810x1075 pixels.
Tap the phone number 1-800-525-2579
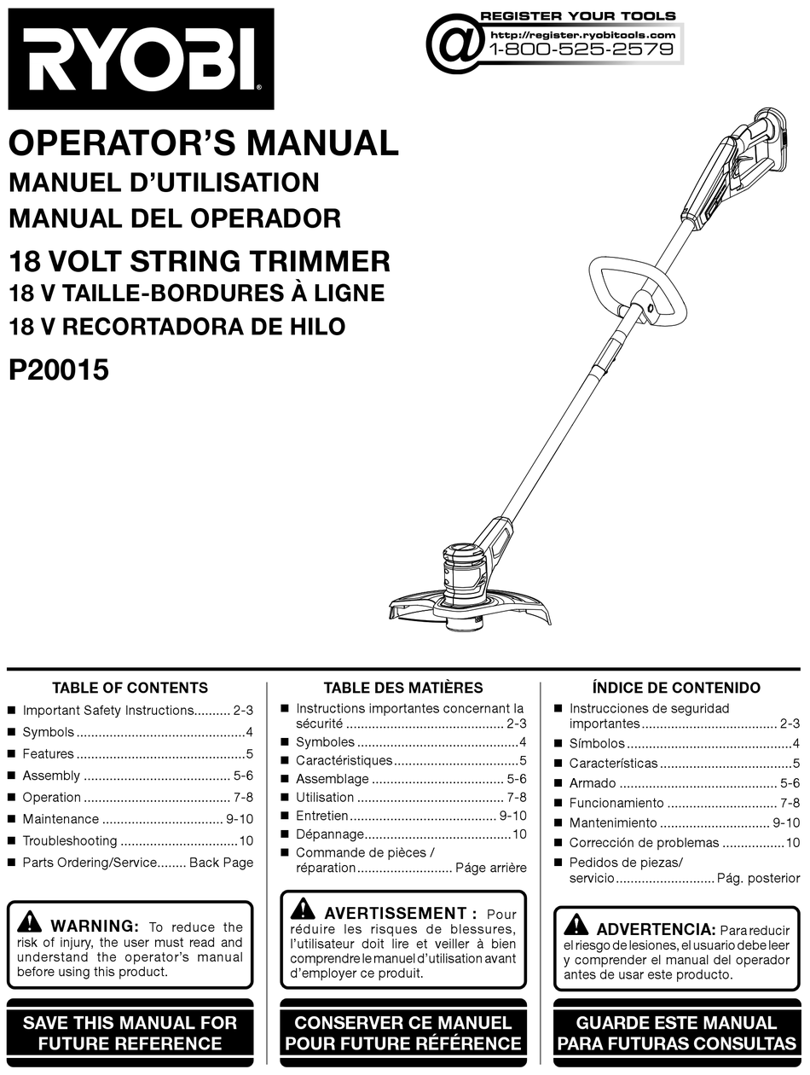click(582, 49)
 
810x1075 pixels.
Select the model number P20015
click(59, 371)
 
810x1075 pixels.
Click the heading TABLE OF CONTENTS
click(130, 688)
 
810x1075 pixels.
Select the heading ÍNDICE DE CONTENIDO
click(675, 688)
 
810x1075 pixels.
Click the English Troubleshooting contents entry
click(70, 840)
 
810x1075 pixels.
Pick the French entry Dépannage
click(330, 834)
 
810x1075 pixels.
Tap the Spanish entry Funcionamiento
click(616, 803)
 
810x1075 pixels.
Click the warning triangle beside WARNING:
click(29, 922)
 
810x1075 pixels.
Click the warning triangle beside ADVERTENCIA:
click(576, 924)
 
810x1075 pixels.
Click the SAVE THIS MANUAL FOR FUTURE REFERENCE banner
click(130, 1032)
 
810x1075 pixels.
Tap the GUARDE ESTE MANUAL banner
click(676, 1032)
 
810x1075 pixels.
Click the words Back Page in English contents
click(221, 863)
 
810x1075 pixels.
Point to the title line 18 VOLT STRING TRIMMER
click(199, 260)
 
